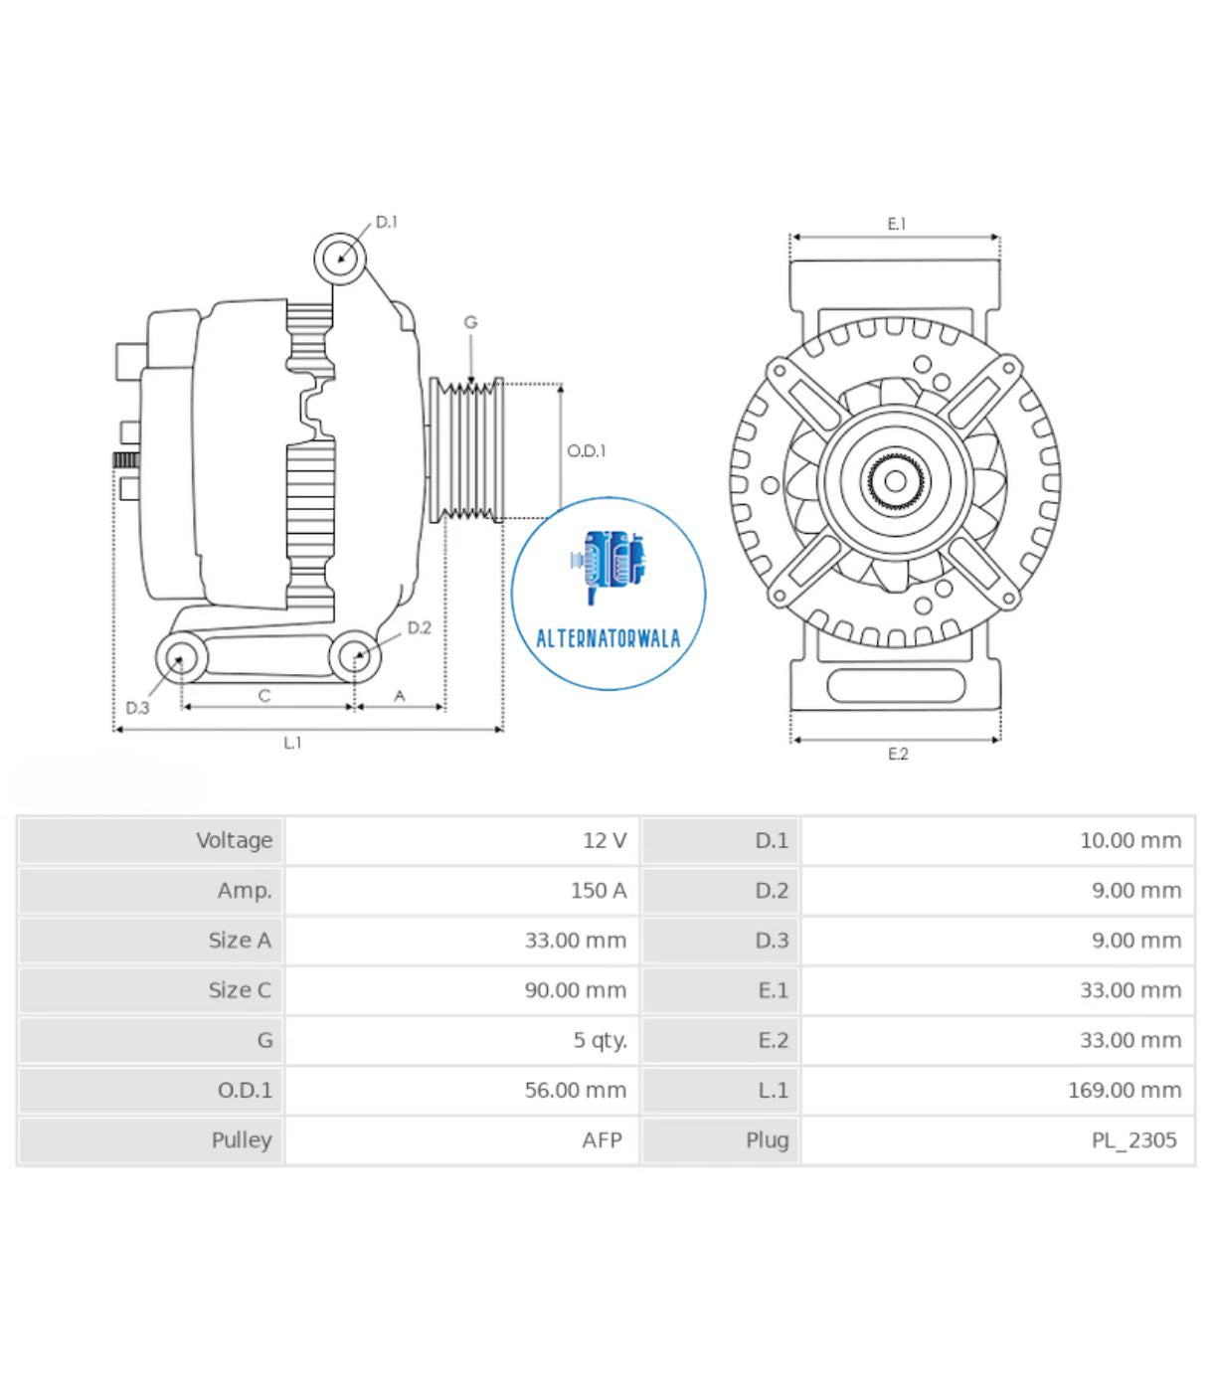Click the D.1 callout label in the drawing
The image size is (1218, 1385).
(x=386, y=222)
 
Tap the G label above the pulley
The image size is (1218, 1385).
(x=470, y=322)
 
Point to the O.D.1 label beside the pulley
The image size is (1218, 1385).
(x=586, y=451)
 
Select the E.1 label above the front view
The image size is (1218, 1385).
(x=897, y=225)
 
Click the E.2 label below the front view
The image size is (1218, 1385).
(x=898, y=755)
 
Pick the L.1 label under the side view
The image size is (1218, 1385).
(x=292, y=743)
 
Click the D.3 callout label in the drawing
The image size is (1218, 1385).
(x=137, y=708)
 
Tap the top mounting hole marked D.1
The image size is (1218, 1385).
(x=340, y=259)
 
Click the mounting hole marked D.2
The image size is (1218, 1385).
(x=355, y=656)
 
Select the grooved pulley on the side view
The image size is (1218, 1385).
(x=466, y=450)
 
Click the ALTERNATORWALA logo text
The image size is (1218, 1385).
(x=609, y=638)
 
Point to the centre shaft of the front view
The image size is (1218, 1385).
(x=895, y=482)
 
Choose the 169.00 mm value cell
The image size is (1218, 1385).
(x=1124, y=1091)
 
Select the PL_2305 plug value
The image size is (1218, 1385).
(x=1133, y=1140)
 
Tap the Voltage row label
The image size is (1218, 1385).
(x=234, y=841)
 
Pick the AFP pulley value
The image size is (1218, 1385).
(x=602, y=1140)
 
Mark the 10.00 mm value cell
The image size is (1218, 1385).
(x=1130, y=841)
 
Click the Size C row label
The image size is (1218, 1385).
(x=240, y=990)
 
